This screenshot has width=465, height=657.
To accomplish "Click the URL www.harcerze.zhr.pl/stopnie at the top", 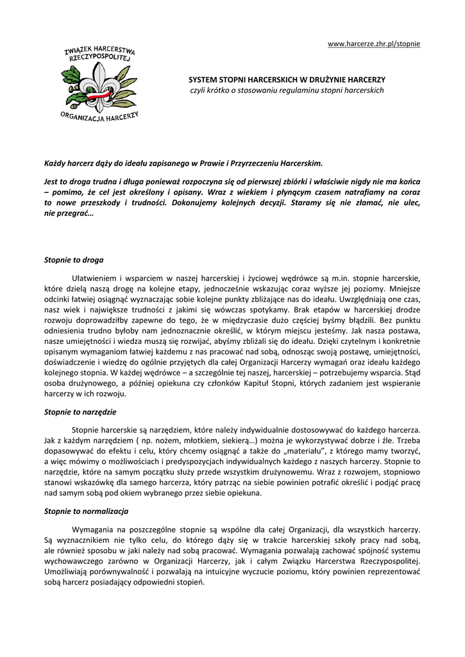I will pyautogui.click(x=374, y=44).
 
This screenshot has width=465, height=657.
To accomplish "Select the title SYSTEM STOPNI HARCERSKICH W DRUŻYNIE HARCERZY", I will pyautogui.click(x=287, y=80).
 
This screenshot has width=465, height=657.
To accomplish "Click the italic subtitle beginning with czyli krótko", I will pyautogui.click(x=287, y=90).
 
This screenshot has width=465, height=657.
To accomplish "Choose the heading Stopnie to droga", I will pyautogui.click(x=74, y=260).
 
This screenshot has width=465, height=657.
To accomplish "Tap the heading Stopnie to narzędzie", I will pyautogui.click(x=80, y=411).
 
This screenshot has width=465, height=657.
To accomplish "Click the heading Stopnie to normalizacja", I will pyautogui.click(x=86, y=511).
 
